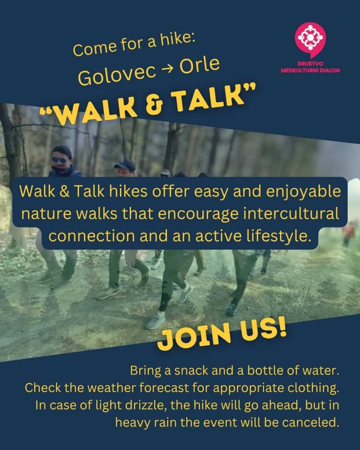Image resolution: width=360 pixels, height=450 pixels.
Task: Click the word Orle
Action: point(200,65)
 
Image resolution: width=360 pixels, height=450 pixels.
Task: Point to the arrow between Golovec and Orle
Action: point(168,69)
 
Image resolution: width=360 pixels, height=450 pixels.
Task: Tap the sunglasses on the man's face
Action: point(59,160)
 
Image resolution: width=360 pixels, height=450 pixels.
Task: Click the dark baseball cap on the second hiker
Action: point(125,164)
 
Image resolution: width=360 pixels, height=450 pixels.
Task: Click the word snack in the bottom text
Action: point(192,370)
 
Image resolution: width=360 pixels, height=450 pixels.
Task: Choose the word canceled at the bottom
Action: point(309,422)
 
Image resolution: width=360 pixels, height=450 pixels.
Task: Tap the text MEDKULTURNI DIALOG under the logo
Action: point(310,70)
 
